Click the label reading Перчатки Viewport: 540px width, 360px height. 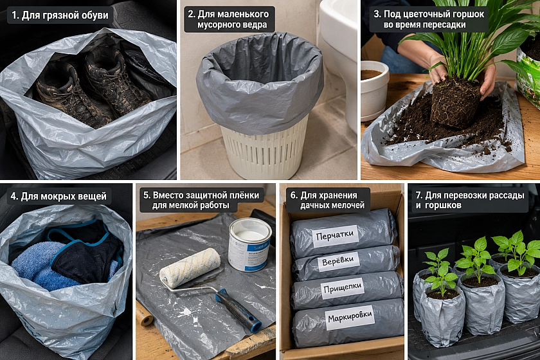point(335,236)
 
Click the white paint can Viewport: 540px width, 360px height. point(249,244)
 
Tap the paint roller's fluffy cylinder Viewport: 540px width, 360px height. point(190,267)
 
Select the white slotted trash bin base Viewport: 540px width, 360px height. point(264,150)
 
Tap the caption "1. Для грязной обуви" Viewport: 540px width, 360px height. point(60,15)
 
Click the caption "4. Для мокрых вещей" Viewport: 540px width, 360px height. point(59,196)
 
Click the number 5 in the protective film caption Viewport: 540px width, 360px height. point(146,195)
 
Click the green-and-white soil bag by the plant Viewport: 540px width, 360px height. point(528,69)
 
